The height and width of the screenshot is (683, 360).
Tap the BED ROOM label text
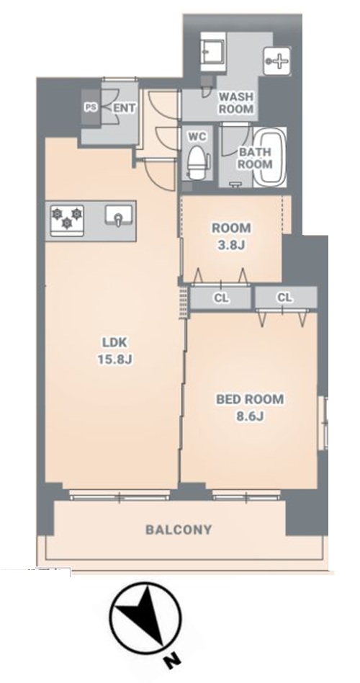250,399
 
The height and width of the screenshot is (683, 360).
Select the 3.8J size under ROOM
231,245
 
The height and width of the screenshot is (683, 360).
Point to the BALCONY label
179,530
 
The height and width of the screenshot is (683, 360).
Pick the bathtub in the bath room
271,157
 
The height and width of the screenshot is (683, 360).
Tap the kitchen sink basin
117,215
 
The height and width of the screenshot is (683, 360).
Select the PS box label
91,107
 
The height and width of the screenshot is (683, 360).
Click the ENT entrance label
125,108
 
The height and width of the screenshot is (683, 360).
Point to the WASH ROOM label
236,103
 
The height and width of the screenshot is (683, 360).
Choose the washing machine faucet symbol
277,61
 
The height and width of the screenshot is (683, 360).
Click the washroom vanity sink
213,53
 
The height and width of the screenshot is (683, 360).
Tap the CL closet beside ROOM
222,298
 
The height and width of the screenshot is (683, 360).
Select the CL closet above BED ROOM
285,298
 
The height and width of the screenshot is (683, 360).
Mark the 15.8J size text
115,360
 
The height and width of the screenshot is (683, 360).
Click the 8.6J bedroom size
251,416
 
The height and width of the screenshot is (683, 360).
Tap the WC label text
196,136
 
